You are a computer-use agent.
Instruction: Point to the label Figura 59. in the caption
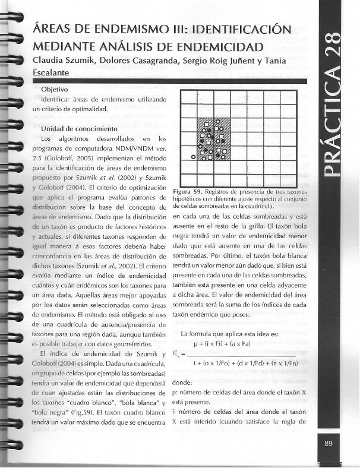(187, 192)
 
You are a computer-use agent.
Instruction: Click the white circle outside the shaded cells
(193, 156)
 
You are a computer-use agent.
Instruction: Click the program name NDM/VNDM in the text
(127, 148)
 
